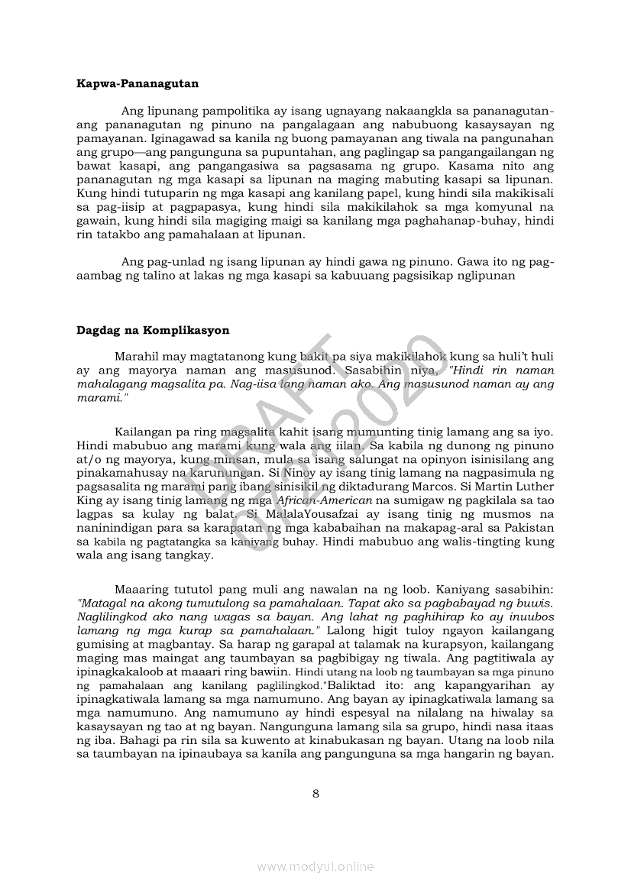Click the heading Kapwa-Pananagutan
[138, 83]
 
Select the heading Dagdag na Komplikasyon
[153, 331]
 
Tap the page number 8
[315, 793]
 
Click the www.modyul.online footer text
[315, 866]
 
